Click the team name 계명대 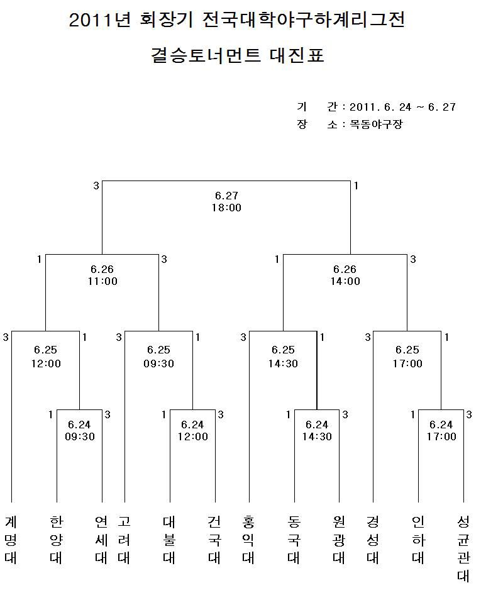(x=11, y=540)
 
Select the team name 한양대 (x=56, y=540)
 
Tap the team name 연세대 (x=101, y=540)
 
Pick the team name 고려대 (x=124, y=540)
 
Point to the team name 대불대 (x=169, y=540)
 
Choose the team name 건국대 (x=214, y=540)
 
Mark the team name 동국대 (x=294, y=540)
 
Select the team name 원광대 (x=339, y=540)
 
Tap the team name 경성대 (x=373, y=540)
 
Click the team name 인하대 (x=418, y=540)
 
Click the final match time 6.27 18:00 (x=226, y=201)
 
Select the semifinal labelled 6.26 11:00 (x=102, y=275)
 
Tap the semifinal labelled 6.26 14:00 (x=345, y=275)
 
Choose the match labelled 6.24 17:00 (x=441, y=431)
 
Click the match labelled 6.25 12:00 (x=46, y=357)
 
